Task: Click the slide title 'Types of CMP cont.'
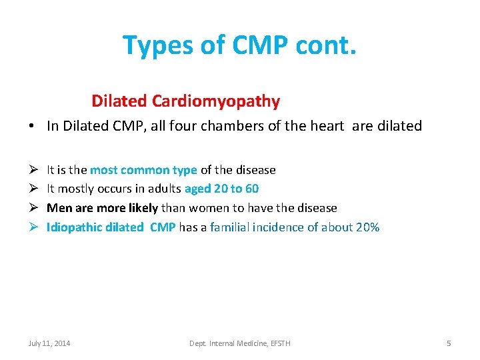[239, 45]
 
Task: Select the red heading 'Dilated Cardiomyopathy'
[185, 101]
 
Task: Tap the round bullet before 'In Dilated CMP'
[33, 126]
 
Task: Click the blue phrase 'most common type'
[143, 170]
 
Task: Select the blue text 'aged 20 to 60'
[221, 189]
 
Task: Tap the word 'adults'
[163, 189]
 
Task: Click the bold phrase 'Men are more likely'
[102, 208]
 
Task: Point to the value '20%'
[367, 227]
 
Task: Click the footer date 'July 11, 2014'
[49, 343]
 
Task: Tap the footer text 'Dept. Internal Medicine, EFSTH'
[240, 343]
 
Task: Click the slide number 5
[449, 343]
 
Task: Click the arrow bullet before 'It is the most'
[33, 170]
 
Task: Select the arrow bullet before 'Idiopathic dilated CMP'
[33, 227]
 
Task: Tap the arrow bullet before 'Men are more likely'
[33, 208]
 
